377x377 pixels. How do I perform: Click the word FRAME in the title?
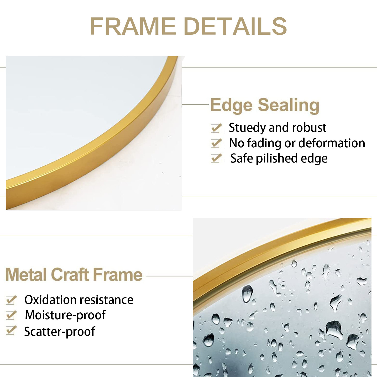(x=133, y=26)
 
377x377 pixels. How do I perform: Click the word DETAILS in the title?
(x=235, y=26)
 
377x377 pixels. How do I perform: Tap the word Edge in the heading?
(x=231, y=106)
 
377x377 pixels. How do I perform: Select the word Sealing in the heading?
(x=289, y=106)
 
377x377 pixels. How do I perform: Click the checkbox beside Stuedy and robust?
(x=216, y=128)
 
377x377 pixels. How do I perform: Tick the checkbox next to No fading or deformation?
(x=216, y=143)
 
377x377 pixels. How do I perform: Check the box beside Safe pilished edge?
(x=216, y=158)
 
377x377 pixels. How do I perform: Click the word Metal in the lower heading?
(x=26, y=275)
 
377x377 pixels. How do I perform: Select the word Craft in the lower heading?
(x=70, y=275)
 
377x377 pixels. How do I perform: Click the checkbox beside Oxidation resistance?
(x=11, y=300)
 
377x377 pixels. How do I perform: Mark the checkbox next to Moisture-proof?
(x=11, y=315)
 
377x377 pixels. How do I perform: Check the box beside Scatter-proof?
(x=11, y=331)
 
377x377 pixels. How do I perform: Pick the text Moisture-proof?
(x=65, y=315)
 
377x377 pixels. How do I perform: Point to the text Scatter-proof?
(x=60, y=332)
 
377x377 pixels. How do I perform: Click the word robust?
(x=309, y=128)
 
